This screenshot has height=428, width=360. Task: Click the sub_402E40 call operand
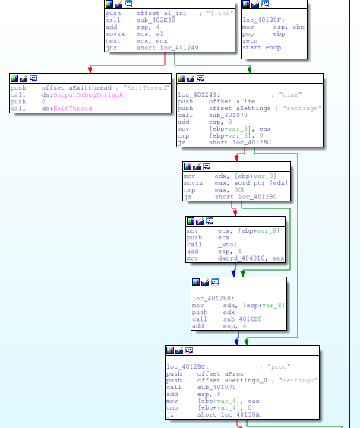pyautogui.click(x=156, y=21)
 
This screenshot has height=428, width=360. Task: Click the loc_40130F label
pyautogui.click(x=264, y=21)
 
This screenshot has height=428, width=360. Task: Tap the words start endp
pyautogui.click(x=261, y=47)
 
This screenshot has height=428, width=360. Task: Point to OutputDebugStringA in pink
pyautogui.click(x=88, y=95)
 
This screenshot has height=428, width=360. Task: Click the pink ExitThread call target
pyautogui.click(x=73, y=109)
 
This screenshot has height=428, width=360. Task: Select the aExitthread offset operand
pyautogui.click(x=77, y=88)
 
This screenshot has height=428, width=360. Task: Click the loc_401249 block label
pyautogui.click(x=199, y=94)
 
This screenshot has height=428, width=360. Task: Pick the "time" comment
pyautogui.click(x=290, y=94)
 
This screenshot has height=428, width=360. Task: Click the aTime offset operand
pyautogui.click(x=232, y=102)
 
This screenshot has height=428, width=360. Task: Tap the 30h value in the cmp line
pyautogui.click(x=240, y=190)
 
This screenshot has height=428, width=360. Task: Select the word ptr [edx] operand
pyautogui.click(x=261, y=183)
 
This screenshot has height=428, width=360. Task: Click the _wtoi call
pyautogui.click(x=227, y=245)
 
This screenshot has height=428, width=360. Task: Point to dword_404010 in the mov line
pyautogui.click(x=241, y=258)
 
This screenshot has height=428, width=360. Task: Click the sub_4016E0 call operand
pyautogui.click(x=242, y=319)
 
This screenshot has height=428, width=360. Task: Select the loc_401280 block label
pyautogui.click(x=213, y=298)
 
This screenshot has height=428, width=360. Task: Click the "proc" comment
pyautogui.click(x=279, y=366)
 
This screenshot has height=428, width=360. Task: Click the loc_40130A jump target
pyautogui.click(x=240, y=414)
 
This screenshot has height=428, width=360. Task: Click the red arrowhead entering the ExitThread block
pyautogui.click(x=90, y=70)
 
